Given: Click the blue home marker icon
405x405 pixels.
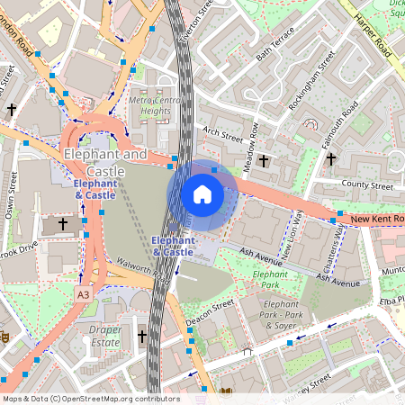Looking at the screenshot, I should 202,193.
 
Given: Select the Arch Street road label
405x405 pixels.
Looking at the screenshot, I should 223,131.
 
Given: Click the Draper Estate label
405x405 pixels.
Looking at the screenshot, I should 105,336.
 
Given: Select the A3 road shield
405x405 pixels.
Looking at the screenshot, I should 83,294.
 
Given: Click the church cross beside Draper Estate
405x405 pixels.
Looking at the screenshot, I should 141,336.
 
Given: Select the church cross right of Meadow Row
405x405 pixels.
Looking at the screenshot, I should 264,160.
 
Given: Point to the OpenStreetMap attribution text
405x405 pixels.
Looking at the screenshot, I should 91,398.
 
